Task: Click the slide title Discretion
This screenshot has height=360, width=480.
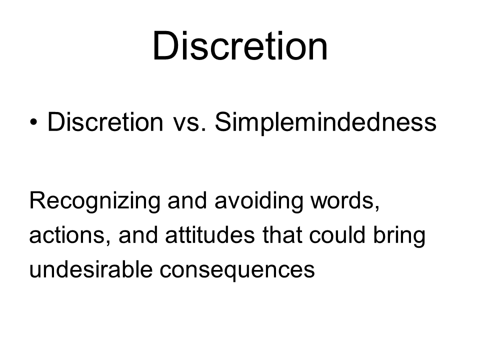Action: [x=240, y=46]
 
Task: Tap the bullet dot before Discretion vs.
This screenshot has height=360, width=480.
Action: [x=33, y=122]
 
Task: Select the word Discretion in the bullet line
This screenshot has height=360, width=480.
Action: [x=105, y=122]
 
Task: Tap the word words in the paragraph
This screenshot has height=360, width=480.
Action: [x=342, y=200]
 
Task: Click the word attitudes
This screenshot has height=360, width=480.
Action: [x=210, y=235]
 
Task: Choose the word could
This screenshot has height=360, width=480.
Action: [x=337, y=235]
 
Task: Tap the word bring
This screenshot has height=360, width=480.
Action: [x=399, y=236]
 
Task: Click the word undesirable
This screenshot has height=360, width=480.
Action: [x=91, y=269]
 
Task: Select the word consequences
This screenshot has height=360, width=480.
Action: [x=237, y=271]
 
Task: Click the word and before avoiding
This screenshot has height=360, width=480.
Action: [x=187, y=200]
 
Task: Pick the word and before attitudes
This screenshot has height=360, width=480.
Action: [x=138, y=235]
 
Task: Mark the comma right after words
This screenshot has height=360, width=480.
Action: [x=377, y=208]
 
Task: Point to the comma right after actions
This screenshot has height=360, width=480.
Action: [x=108, y=243]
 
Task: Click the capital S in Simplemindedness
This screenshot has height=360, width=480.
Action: [x=222, y=122]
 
